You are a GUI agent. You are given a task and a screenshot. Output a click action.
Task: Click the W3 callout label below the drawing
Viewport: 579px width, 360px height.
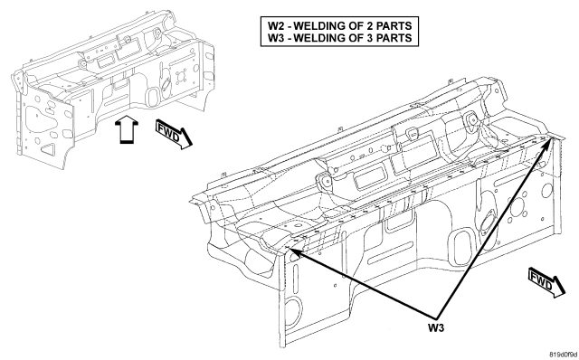[436, 327]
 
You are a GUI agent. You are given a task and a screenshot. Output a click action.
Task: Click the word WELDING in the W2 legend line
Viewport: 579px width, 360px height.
[320, 26]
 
